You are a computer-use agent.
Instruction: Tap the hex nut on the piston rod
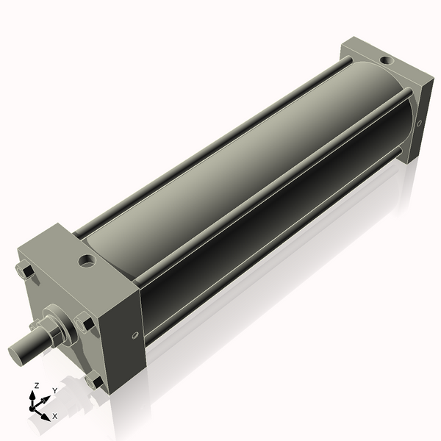coord(53,334)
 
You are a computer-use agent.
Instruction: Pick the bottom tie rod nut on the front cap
coord(94,381)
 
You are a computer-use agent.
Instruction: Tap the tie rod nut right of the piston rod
coord(85,323)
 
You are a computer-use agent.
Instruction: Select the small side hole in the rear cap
coord(418,123)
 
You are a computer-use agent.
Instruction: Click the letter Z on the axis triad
coord(37,385)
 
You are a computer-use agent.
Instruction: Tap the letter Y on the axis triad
coord(54,391)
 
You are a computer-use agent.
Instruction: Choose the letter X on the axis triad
coord(54,416)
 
